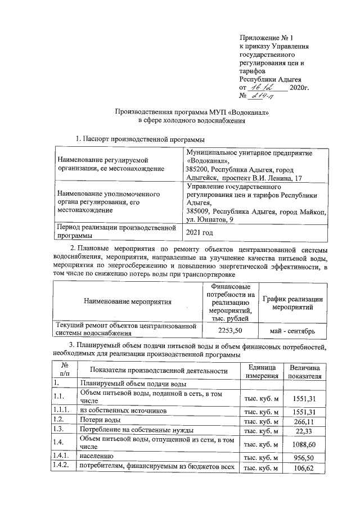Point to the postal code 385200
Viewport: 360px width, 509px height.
click(197, 169)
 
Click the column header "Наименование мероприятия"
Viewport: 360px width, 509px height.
click(127, 301)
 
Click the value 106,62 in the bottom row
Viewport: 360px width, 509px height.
click(304, 467)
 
